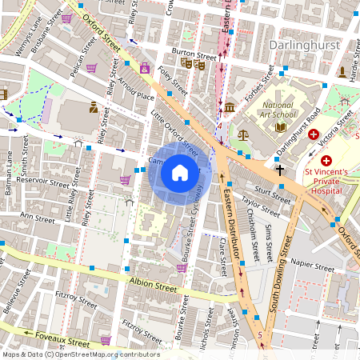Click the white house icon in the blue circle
pos(180,172)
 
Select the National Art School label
pos(278,110)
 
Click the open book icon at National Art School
pos(280,126)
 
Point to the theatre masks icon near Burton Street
pos(192,63)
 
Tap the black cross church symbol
pos(280,170)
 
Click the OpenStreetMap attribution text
pos(81,354)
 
